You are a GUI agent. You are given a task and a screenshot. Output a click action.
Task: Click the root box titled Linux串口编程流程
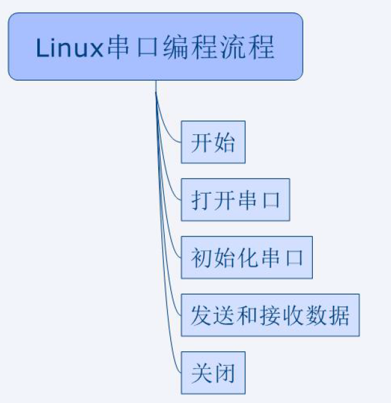155,47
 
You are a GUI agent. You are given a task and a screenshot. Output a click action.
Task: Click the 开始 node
213,143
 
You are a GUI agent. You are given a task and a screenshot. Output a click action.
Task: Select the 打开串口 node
235,201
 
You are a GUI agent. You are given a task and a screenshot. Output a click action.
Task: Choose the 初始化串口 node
247,259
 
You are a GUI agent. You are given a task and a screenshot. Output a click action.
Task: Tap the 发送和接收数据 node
270,315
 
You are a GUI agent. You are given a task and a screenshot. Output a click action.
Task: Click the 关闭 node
213,373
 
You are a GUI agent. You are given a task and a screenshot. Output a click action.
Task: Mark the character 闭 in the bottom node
224,373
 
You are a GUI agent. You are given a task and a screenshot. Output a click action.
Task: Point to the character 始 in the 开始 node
224,143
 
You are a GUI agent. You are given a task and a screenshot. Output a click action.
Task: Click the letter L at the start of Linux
42,49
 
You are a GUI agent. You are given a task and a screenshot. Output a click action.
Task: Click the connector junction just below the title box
156,91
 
